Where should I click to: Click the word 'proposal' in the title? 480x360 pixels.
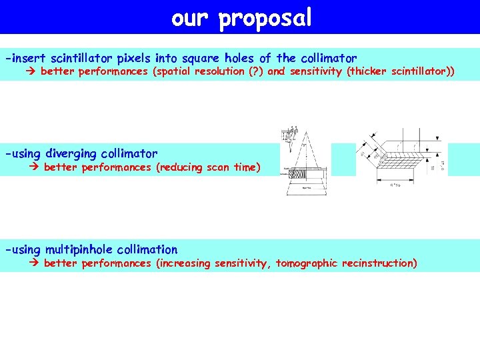coord(265,18)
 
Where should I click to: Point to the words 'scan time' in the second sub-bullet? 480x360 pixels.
coord(231,167)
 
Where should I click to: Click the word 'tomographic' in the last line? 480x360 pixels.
coord(307,263)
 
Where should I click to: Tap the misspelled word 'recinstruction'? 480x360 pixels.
coord(378,263)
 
